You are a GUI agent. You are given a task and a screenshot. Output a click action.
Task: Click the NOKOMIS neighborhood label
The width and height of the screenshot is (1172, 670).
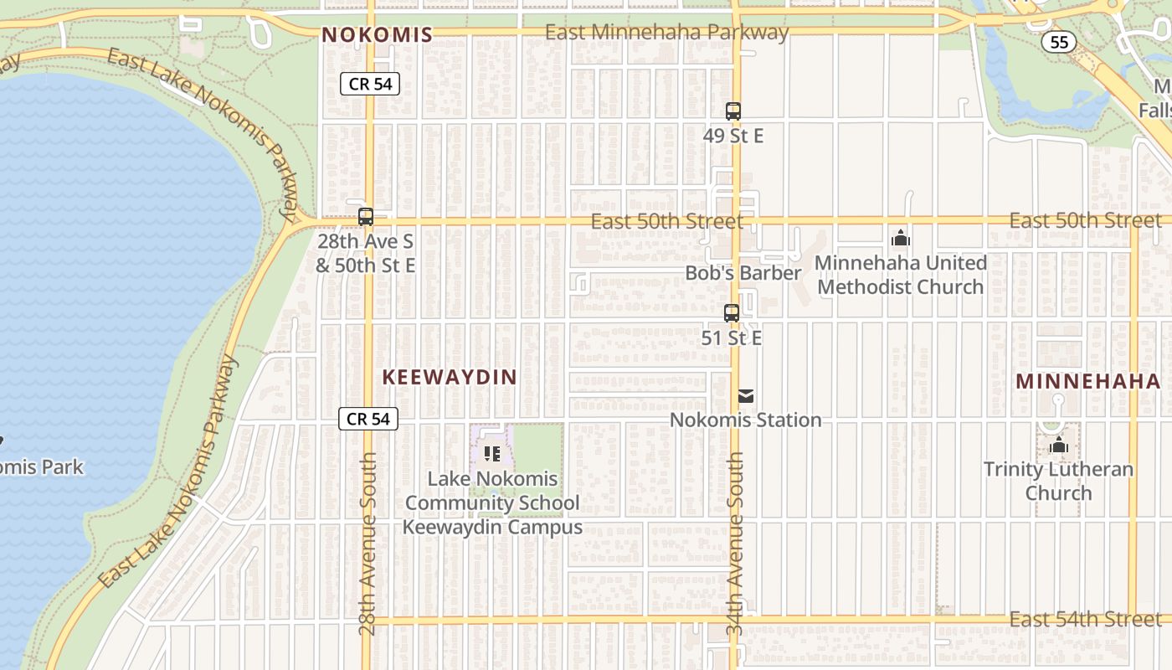tap(377, 34)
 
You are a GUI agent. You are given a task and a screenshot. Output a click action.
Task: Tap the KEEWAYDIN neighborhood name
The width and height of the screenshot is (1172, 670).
tap(450, 378)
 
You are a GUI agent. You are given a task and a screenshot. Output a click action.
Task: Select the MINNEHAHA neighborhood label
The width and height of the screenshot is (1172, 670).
tap(1088, 382)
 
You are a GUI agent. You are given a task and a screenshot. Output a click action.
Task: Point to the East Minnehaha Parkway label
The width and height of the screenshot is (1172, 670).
tap(666, 33)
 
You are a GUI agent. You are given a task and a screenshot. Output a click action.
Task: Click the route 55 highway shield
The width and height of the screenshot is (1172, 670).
tap(1059, 42)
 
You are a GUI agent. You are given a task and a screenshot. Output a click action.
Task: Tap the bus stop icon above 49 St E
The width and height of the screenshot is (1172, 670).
tap(733, 111)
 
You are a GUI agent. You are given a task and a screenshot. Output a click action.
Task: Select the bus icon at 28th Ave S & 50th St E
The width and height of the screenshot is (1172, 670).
tap(366, 217)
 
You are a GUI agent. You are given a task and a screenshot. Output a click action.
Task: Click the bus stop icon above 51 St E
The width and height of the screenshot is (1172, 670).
tap(732, 313)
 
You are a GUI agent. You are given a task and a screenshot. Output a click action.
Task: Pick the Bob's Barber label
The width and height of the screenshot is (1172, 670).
tap(743, 273)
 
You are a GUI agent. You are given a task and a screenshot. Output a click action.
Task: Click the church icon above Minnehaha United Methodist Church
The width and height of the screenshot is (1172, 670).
tap(901, 239)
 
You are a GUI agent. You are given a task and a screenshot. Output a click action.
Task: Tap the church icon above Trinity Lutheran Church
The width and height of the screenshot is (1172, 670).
tap(1059, 445)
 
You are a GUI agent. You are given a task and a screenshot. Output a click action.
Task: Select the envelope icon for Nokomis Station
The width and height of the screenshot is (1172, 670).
tap(746, 396)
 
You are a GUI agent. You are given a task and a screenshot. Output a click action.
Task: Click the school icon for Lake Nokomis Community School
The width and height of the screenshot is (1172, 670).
tap(492, 454)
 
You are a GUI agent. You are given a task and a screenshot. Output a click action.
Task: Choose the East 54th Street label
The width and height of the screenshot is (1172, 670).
tap(1085, 620)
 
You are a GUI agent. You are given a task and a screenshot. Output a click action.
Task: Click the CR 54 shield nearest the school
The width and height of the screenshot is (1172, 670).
tap(368, 419)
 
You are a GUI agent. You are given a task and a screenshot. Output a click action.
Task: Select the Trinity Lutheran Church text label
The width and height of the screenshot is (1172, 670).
tap(1058, 481)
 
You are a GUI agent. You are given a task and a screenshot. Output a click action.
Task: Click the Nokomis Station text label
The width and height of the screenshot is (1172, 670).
tap(745, 420)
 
